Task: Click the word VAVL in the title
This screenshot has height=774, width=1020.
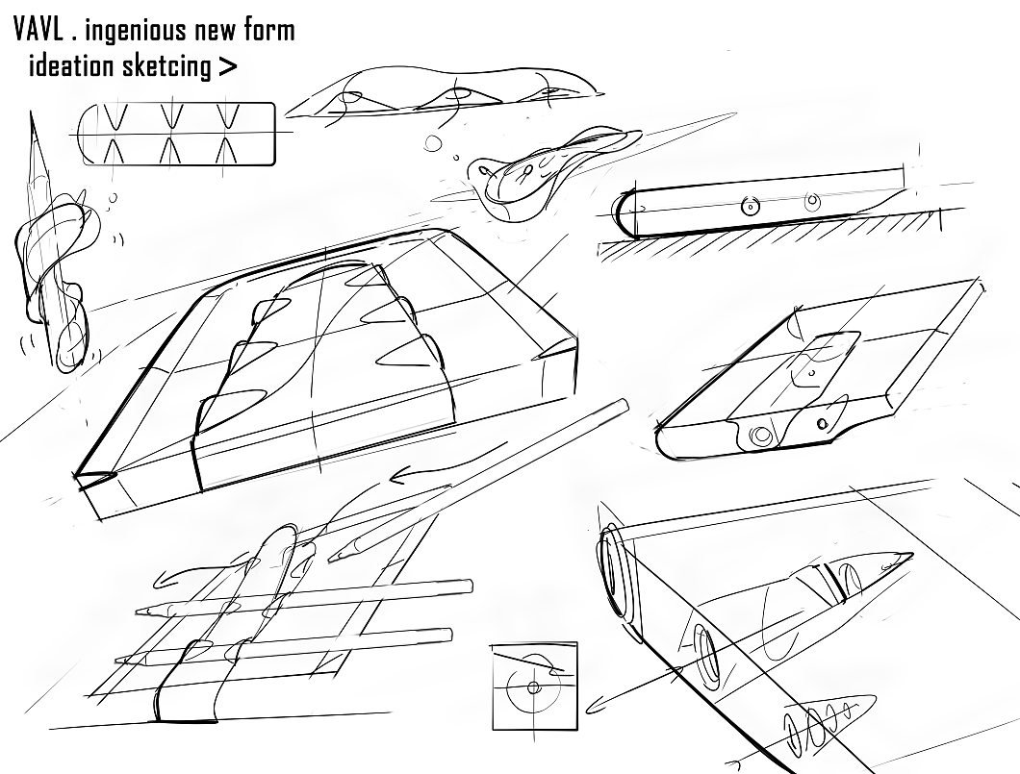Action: (x=40, y=30)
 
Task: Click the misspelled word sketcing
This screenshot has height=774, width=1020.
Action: (x=166, y=67)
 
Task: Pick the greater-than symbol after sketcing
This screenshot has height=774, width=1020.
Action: (x=227, y=67)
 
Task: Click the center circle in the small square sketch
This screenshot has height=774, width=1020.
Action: (x=532, y=687)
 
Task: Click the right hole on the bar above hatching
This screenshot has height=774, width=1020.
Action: (x=811, y=202)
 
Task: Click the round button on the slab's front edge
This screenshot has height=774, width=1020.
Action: (x=762, y=435)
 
